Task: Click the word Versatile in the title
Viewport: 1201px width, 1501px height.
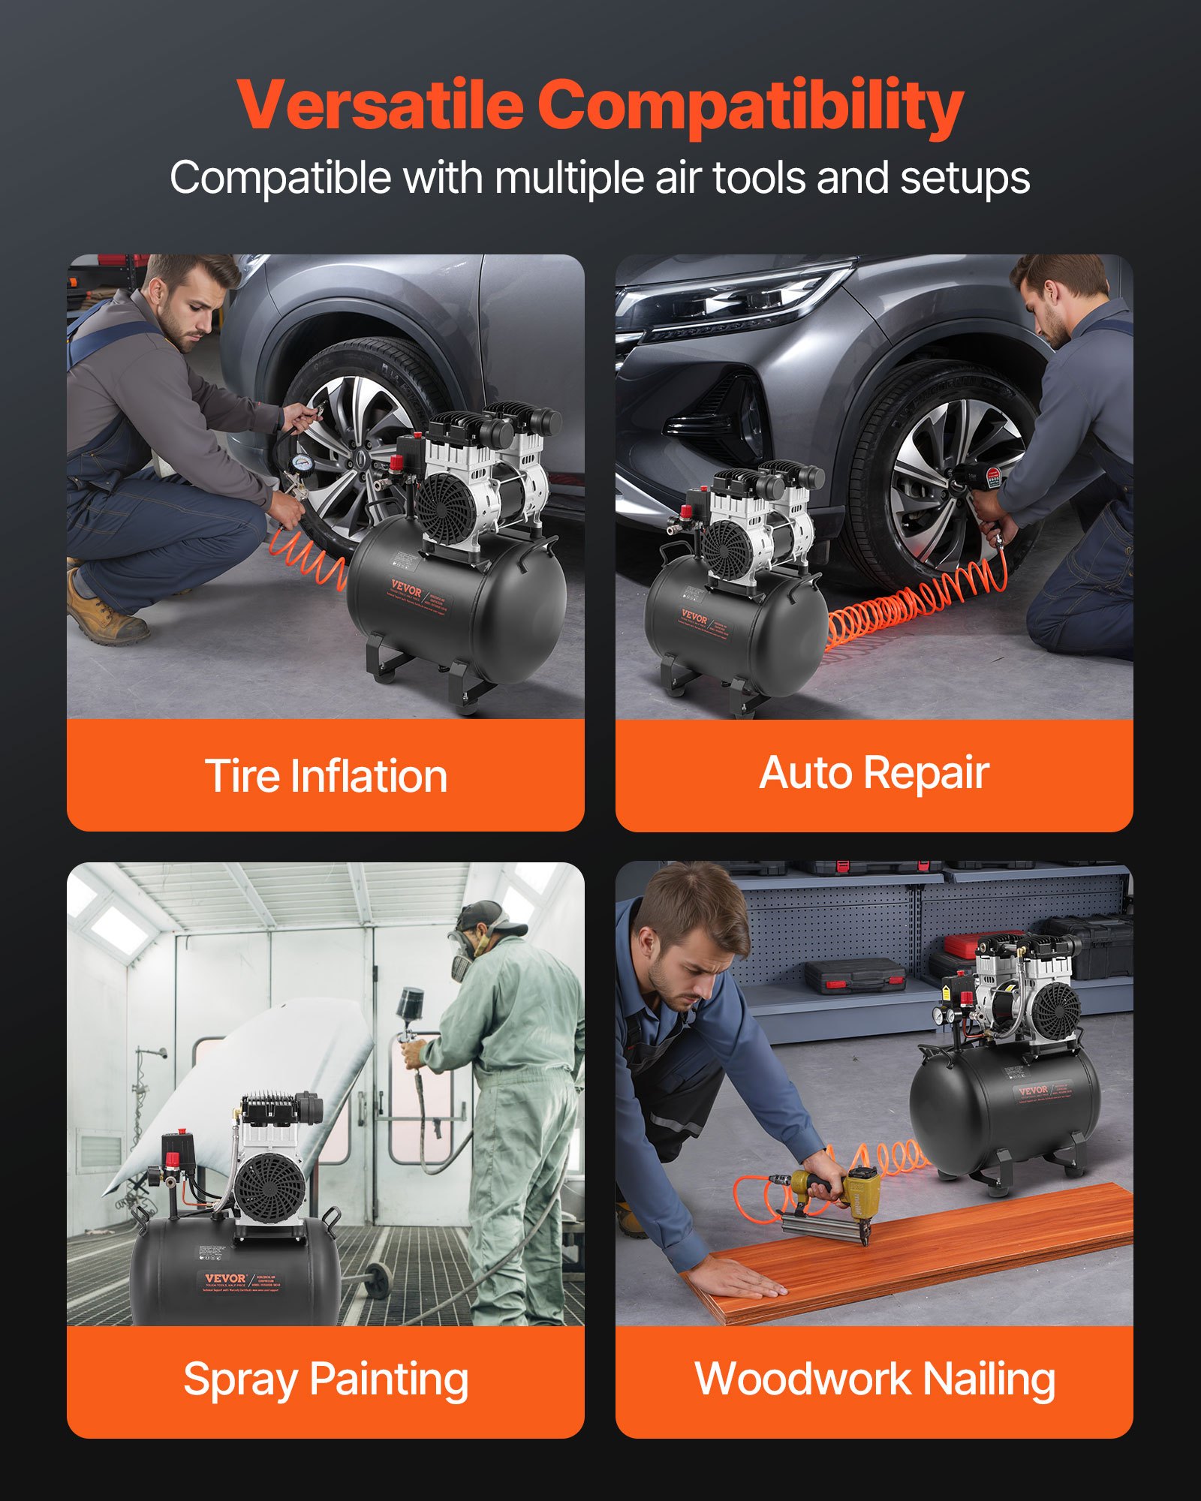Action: pyautogui.click(x=379, y=105)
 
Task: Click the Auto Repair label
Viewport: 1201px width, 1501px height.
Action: pyautogui.click(x=874, y=773)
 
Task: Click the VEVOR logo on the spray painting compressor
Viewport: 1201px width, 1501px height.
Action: pyautogui.click(x=225, y=1279)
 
